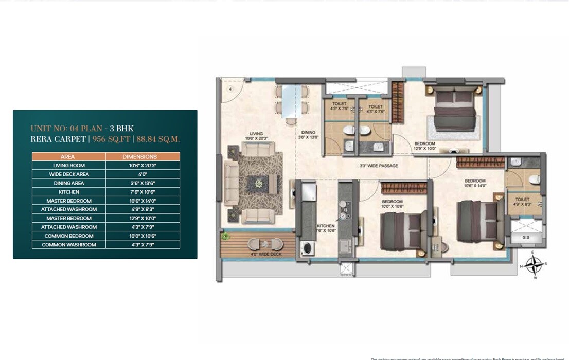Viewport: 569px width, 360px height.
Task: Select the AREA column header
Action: pos(68,156)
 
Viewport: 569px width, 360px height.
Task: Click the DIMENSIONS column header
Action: pos(143,156)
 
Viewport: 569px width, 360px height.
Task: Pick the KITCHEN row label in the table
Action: pos(68,192)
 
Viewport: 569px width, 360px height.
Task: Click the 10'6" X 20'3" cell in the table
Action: pos(143,166)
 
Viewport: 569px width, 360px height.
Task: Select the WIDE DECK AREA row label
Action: pos(68,174)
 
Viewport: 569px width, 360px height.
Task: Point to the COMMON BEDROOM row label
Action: pos(68,236)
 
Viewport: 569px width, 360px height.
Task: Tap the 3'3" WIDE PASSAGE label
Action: pos(379,166)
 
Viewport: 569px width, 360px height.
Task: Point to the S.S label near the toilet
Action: pos(526,237)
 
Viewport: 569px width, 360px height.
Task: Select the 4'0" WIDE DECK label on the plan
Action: pos(261,254)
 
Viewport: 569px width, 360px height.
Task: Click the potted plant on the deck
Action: pos(225,237)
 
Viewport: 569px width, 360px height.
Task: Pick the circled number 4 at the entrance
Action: pos(231,89)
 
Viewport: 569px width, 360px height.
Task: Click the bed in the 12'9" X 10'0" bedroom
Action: pos(453,110)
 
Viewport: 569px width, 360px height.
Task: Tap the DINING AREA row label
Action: pos(68,183)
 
